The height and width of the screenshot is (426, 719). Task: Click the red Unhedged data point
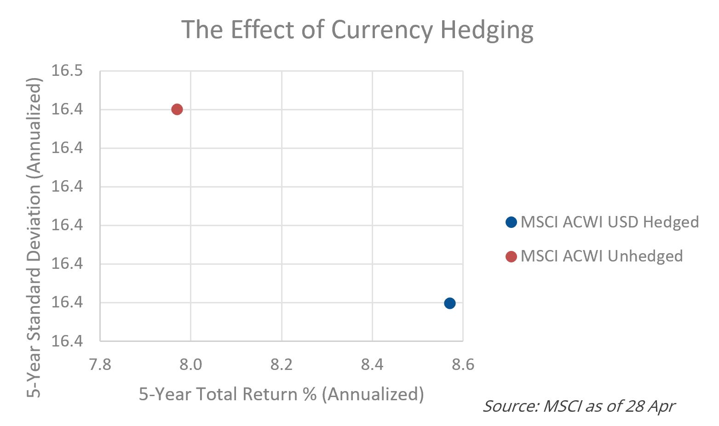point(177,109)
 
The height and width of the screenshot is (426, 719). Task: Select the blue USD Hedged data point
point(449,303)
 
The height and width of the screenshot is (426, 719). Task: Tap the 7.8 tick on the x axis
point(100,365)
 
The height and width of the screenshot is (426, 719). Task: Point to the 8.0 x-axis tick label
point(190,365)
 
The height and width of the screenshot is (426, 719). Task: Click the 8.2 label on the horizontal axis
point(281,365)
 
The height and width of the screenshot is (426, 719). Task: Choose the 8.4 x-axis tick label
point(372,365)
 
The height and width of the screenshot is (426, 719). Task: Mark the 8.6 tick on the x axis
point(462,365)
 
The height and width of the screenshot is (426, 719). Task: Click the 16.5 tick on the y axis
point(67,71)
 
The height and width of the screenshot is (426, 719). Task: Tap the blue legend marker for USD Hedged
point(511,222)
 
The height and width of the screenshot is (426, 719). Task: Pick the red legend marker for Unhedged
point(511,256)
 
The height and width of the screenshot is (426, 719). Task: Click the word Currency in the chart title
point(382,30)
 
